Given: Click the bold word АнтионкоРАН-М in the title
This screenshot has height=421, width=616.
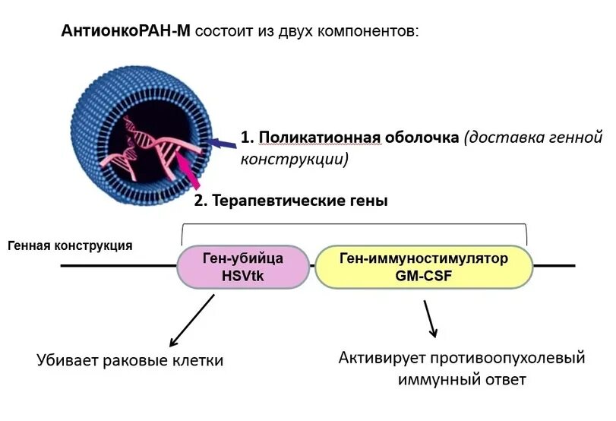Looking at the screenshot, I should [127, 32].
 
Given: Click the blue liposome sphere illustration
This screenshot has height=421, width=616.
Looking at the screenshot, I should [133, 141].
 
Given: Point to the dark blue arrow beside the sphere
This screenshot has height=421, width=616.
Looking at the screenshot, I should [222, 142].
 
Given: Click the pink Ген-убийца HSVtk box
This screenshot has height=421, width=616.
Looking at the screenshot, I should [238, 266].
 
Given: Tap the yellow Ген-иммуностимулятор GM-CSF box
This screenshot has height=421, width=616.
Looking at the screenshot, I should [423, 266].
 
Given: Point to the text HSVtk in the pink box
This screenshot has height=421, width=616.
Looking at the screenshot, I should [238, 276].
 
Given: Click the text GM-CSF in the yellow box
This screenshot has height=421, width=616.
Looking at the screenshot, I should [423, 276].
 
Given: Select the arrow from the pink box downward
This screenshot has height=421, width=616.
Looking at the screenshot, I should [192, 320].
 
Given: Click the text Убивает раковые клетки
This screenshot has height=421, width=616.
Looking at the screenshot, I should [131, 360].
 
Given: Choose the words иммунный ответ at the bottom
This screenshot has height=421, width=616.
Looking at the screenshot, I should [462, 378].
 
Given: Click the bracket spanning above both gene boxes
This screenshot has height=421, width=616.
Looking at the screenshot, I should [355, 224].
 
